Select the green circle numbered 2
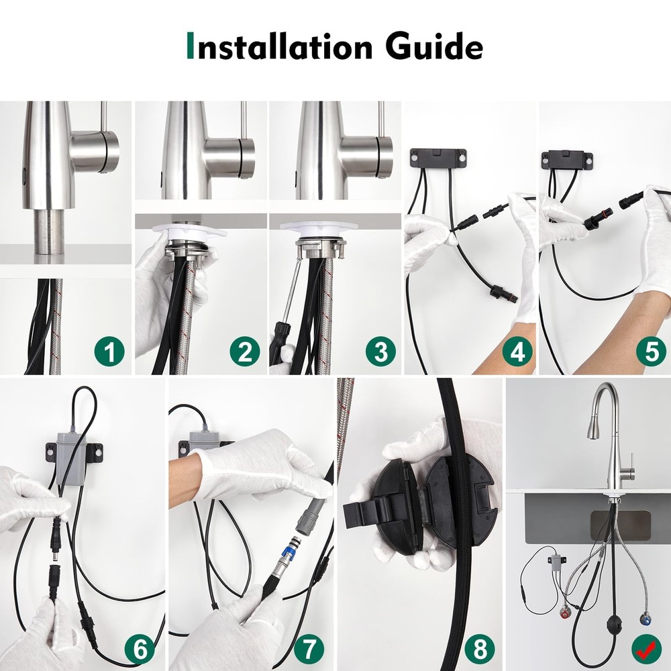245,351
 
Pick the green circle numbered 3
380,351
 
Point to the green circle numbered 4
517,351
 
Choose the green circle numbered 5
651,351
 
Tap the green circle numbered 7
308,648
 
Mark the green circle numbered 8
479,648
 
